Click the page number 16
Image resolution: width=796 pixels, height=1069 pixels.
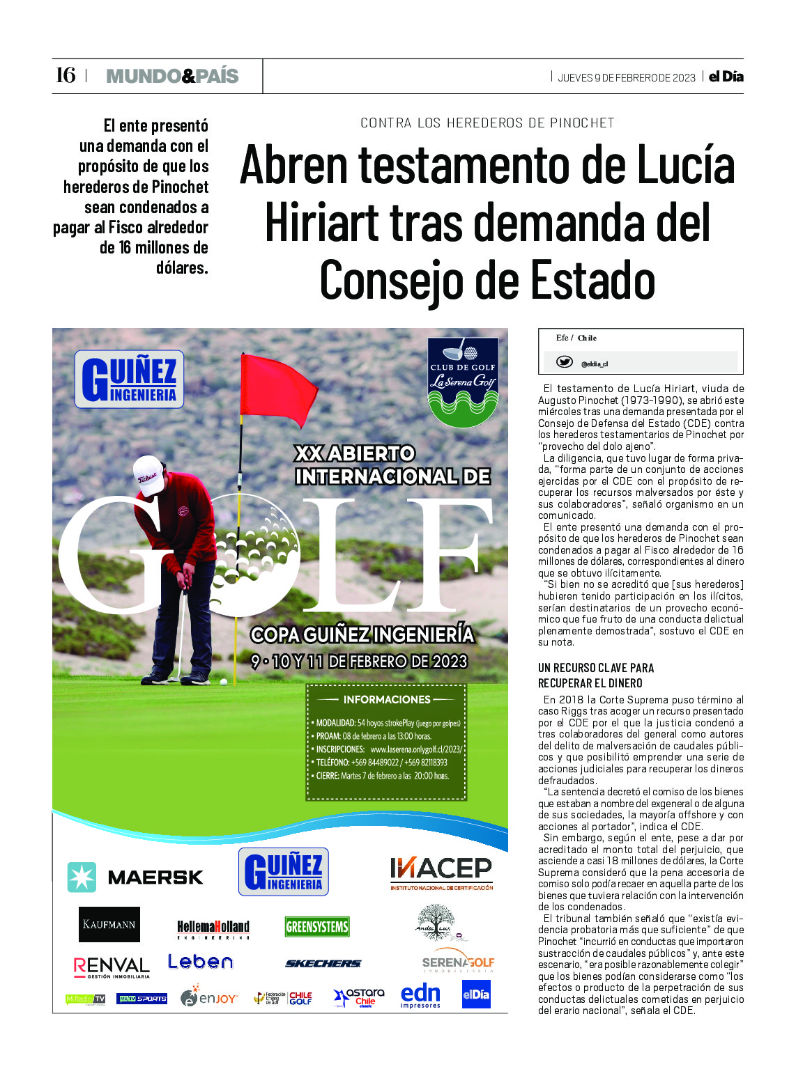click(65, 75)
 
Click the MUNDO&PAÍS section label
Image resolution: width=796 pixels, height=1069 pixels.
click(172, 76)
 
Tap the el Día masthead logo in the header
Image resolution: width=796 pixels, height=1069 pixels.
click(726, 77)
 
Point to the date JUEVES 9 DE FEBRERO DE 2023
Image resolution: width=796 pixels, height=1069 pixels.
click(626, 77)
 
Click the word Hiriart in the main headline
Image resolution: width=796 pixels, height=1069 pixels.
click(322, 224)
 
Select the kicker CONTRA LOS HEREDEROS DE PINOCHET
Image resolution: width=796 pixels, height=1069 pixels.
click(487, 123)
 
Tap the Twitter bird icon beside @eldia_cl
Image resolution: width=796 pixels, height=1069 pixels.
click(564, 362)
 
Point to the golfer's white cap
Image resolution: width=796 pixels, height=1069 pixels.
click(148, 475)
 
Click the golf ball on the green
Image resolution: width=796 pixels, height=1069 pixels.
click(223, 681)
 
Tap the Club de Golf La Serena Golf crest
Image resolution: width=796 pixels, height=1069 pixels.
click(463, 381)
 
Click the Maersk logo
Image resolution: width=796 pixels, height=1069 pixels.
click(135, 877)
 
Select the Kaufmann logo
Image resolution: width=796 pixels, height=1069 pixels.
click(109, 924)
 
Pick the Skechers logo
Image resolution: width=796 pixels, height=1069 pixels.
click(323, 963)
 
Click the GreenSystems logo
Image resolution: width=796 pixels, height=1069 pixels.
click(317, 926)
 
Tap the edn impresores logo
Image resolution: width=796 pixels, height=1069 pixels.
click(420, 996)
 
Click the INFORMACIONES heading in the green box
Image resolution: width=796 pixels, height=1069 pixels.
click(387, 699)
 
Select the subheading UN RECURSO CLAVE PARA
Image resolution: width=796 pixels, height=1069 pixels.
click(595, 667)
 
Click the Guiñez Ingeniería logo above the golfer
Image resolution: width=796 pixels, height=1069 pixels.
click(130, 379)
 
